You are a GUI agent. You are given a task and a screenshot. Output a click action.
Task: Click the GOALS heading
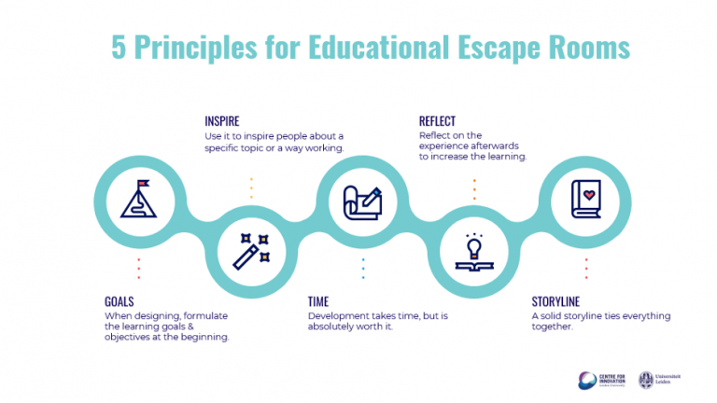point(119,301)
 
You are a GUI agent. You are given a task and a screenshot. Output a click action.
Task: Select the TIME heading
point(319,301)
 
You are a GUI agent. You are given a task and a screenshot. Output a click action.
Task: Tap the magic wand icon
point(251,249)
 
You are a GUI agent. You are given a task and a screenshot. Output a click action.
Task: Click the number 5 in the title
point(119,47)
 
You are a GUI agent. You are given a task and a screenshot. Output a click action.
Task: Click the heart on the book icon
point(588,195)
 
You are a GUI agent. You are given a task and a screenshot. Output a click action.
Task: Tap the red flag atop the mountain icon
point(143,184)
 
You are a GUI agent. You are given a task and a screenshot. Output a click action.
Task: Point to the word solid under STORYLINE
point(555,315)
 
